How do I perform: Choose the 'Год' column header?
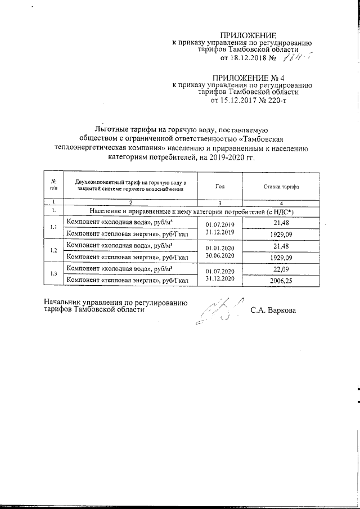pyautogui.click(x=220, y=186)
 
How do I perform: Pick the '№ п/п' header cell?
pyautogui.click(x=53, y=186)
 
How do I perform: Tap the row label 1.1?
pyautogui.click(x=53, y=227)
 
